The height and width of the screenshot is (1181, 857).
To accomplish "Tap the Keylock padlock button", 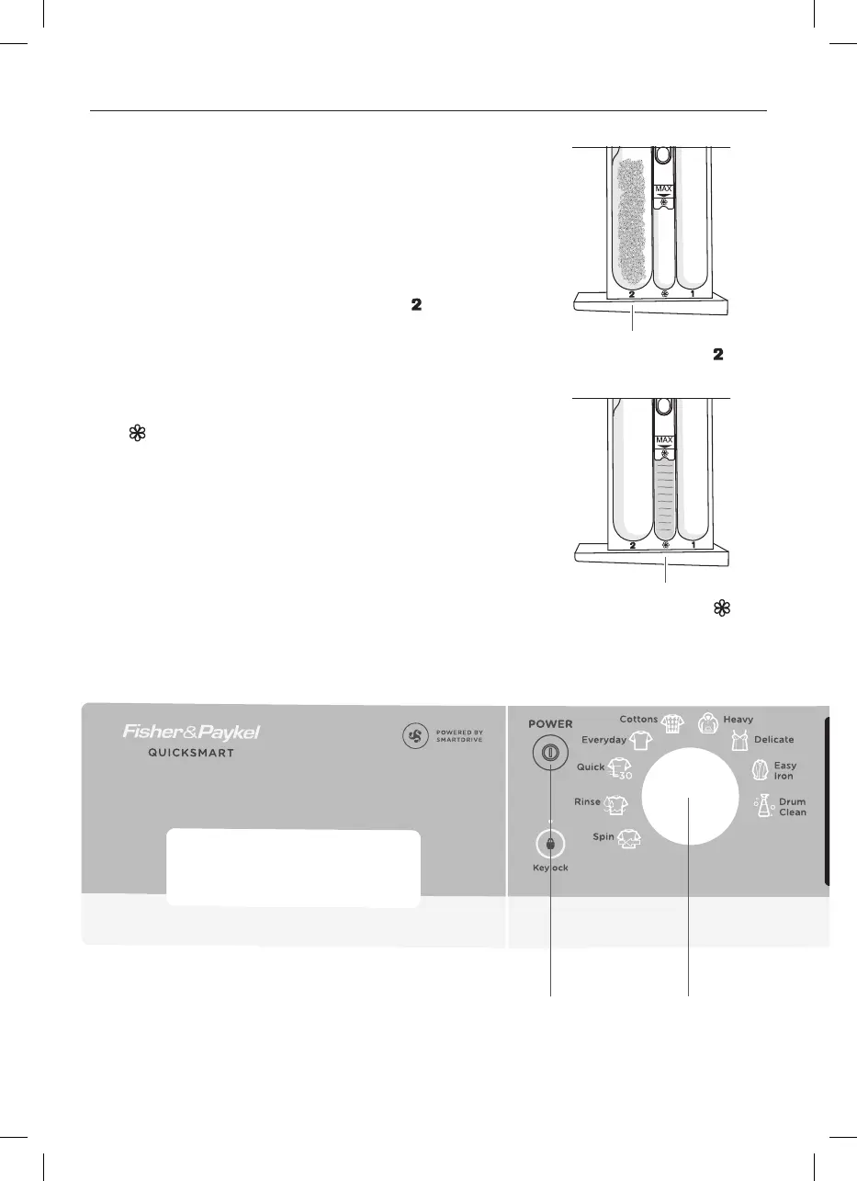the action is coord(549,844).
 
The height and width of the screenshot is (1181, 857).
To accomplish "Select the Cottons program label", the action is coord(638,719).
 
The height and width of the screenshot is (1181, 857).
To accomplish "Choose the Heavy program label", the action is coord(739,719).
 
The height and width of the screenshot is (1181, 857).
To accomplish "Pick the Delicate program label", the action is coord(774,739).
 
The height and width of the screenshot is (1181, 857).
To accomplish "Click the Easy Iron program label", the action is coord(784,770).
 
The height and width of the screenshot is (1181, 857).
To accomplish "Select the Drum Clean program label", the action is coord(792,807).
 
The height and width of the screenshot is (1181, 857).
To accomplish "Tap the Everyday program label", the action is coord(603,739).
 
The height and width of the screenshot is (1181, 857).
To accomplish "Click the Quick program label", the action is coord(591,766).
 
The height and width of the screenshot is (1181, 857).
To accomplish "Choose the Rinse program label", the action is coord(587,801).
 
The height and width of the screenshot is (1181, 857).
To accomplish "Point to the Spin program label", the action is coord(603,837).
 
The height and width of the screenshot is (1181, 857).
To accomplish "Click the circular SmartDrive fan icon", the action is coord(415,736).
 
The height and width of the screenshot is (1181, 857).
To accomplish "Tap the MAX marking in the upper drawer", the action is coord(664,189).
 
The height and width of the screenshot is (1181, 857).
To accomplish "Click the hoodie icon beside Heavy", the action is coord(707,722).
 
